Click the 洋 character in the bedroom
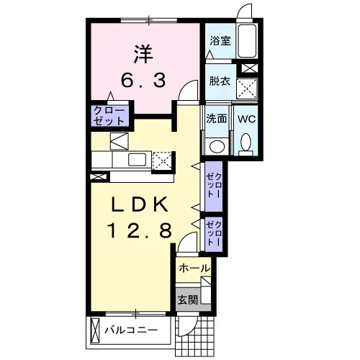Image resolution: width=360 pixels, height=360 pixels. [143, 54]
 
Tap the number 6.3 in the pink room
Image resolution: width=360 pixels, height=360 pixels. [143, 81]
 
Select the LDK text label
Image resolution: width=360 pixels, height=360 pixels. [139, 204]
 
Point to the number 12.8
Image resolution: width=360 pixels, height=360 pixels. [140, 230]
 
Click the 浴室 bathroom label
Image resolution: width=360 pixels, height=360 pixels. [220, 41]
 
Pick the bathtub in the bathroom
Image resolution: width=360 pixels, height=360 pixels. [247, 40]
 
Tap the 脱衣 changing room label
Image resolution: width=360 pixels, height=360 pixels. [220, 81]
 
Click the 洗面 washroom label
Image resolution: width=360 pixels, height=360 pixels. [217, 118]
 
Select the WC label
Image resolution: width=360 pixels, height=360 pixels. [246, 119]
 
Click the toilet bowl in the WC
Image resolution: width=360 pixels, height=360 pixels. [246, 143]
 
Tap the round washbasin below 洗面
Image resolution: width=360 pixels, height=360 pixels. [217, 145]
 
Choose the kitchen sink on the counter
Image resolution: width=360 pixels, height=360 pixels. [137, 159]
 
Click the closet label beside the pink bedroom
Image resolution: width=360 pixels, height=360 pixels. [109, 116]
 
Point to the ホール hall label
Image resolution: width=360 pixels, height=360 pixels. [194, 268]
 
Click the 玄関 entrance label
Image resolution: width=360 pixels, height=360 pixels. [188, 300]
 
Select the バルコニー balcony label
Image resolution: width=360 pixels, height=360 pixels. [131, 330]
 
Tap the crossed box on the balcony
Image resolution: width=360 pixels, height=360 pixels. [95, 330]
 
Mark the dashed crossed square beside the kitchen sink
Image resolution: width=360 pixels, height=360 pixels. [162, 160]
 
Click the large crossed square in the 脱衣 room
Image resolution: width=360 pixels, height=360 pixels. [247, 89]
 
